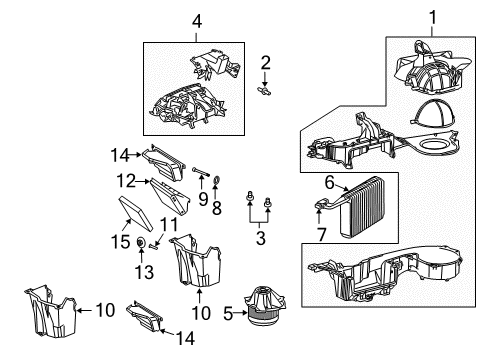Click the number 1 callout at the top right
[x=433, y=17]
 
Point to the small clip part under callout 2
[x=264, y=89]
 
